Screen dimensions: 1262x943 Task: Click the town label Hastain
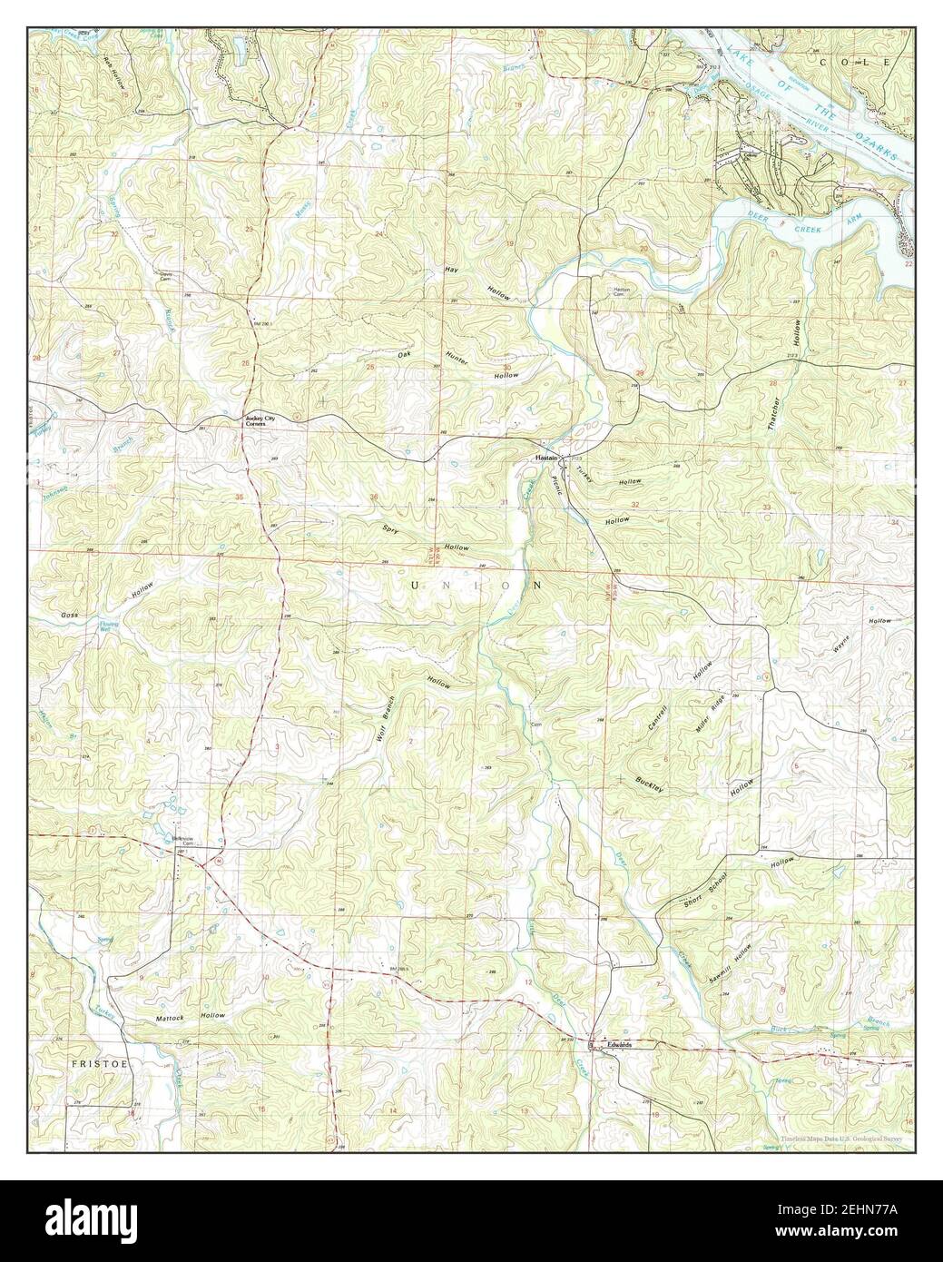[x=545, y=458]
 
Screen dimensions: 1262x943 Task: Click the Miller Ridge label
[x=704, y=715]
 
